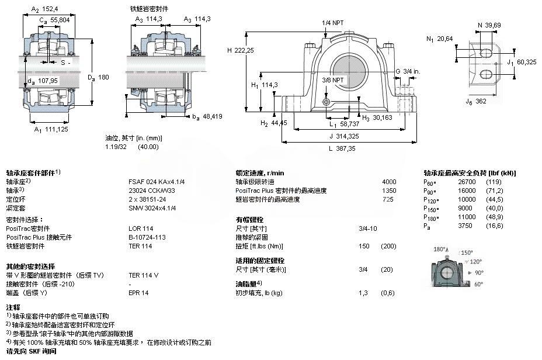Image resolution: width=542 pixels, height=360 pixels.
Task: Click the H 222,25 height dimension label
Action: [241, 50]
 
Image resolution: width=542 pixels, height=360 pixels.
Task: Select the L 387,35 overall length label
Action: [342, 148]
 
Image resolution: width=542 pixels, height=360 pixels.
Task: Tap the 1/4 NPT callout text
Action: [332, 23]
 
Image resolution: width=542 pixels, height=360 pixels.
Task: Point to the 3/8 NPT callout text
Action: [332, 80]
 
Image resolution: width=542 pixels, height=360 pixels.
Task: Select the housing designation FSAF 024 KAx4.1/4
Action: [157, 182]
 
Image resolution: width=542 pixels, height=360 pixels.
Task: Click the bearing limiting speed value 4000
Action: [389, 182]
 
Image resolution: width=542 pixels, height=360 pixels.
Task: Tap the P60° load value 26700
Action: [467, 182]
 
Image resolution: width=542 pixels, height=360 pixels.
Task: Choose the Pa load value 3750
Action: [465, 226]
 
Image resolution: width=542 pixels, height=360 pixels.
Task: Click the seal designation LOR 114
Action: [141, 229]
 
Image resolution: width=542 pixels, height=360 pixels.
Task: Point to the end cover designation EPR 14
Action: [138, 293]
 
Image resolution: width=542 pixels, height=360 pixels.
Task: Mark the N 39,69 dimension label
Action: [489, 25]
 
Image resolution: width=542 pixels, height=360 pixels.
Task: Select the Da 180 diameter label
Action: [98, 78]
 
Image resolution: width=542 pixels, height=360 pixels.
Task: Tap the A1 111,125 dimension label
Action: [51, 130]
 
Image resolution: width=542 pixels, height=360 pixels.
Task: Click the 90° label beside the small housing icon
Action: [479, 273]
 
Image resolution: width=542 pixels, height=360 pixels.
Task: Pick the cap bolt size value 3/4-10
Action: [368, 229]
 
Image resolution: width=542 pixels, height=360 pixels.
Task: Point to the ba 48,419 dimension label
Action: [207, 117]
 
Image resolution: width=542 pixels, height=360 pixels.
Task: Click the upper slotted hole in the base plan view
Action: [486, 53]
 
